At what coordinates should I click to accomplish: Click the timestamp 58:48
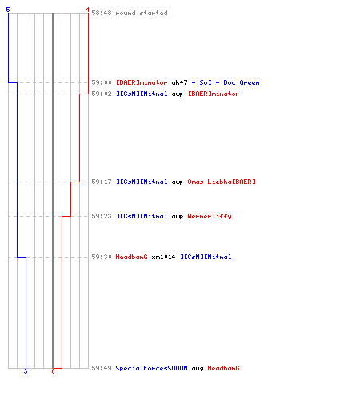pos(102,13)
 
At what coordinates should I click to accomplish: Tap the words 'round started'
pos(142,13)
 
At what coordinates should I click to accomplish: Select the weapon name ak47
pos(179,82)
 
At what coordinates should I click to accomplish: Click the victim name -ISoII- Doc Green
pos(226,82)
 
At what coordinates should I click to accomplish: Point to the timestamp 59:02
pos(102,94)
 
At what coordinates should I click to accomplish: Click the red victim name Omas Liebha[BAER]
pos(222,182)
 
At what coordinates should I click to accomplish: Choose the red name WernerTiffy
pos(210,216)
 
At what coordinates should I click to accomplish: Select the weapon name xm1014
pos(163,257)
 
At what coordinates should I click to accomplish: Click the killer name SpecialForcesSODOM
pos(151,368)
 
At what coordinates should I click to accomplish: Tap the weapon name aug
pos(198,369)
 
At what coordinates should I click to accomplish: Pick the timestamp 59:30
pos(102,257)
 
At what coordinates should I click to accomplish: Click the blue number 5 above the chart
pos(8,10)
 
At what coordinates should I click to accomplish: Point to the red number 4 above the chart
pos(88,10)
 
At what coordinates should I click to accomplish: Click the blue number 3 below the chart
pos(26,371)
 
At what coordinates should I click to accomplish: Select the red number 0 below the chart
pos(53,371)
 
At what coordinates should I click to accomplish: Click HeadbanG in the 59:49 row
pos(223,368)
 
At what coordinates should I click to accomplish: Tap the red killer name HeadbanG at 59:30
pos(131,257)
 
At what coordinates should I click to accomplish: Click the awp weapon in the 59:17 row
pos(178,182)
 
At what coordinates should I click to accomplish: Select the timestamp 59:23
pos(102,216)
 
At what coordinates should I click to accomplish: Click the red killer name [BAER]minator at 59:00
pos(142,82)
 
